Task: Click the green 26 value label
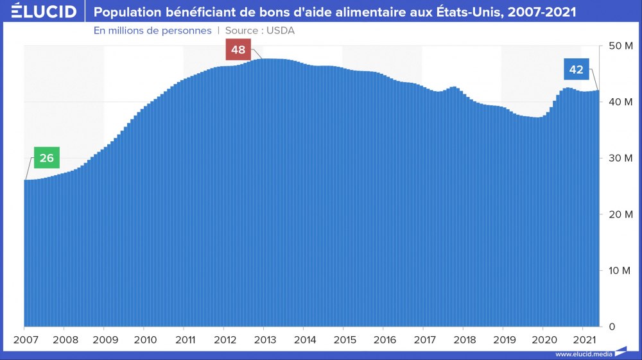tap(46, 158)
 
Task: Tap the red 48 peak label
tap(238, 50)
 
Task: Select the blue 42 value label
tap(577, 69)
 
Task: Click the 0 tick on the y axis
tap(612, 327)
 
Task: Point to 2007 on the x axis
tap(25, 339)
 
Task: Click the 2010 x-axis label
tap(145, 339)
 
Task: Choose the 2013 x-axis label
tap(265, 339)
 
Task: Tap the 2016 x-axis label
tap(385, 339)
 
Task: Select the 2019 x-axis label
tap(504, 339)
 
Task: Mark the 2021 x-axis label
tap(584, 339)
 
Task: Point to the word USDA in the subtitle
tap(281, 30)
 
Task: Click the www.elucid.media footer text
tap(584, 354)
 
